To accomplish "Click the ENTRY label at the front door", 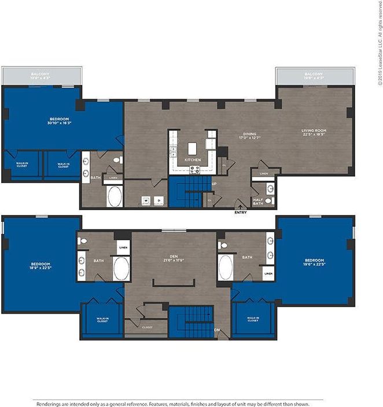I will point(241,212).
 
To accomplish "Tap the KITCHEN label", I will point(192,159).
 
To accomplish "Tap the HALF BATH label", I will point(257,201).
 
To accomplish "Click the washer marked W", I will point(146,200).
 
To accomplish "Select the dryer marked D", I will point(159,200).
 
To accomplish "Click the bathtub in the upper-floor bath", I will point(115,197).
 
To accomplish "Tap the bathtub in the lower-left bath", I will point(121,269).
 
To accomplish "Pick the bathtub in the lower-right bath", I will point(226,268).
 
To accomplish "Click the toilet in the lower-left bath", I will point(83,241).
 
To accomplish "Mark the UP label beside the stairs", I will point(214,184).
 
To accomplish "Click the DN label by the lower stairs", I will point(217,330).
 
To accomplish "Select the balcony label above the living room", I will point(314,76).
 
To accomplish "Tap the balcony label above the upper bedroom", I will point(41,76).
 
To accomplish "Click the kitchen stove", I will point(195,169).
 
